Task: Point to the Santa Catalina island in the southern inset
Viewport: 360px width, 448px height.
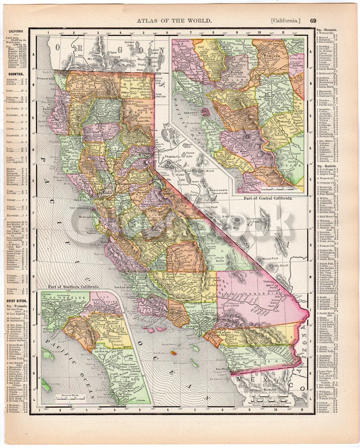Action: coord(48,356)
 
